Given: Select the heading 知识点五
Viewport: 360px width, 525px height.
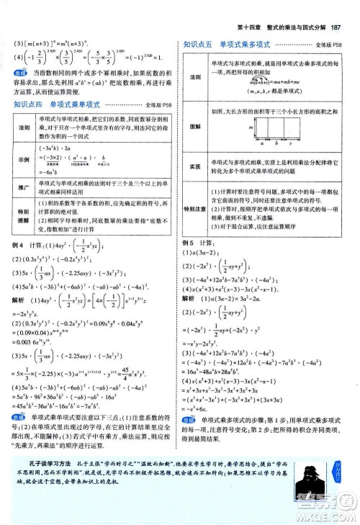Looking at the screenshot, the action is [x=197, y=43].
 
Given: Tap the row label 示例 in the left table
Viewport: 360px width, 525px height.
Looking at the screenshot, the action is [x=22, y=160].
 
